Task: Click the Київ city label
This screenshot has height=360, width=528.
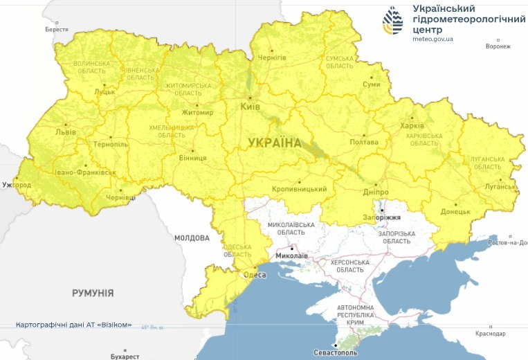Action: pos(250,107)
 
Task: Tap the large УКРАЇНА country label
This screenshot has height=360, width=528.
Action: pos(275,143)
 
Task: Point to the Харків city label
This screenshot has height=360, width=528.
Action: pos(412,125)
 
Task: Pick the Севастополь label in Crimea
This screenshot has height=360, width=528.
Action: pos(336,352)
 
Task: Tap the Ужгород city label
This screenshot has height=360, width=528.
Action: pos(17,186)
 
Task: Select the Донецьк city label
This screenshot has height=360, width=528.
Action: pos(455,211)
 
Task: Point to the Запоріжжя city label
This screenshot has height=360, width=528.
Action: pos(382,217)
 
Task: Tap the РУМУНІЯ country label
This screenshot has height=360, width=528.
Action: pos(93,293)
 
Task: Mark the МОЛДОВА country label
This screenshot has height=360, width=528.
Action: pos(192,237)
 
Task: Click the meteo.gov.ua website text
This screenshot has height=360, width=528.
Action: pos(433,39)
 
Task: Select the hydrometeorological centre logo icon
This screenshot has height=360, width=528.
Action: pos(394,21)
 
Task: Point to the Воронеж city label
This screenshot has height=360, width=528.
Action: pos(498,46)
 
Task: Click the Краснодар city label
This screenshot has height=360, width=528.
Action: pos(491,334)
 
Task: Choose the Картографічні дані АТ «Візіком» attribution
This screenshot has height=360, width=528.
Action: pos(73,325)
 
